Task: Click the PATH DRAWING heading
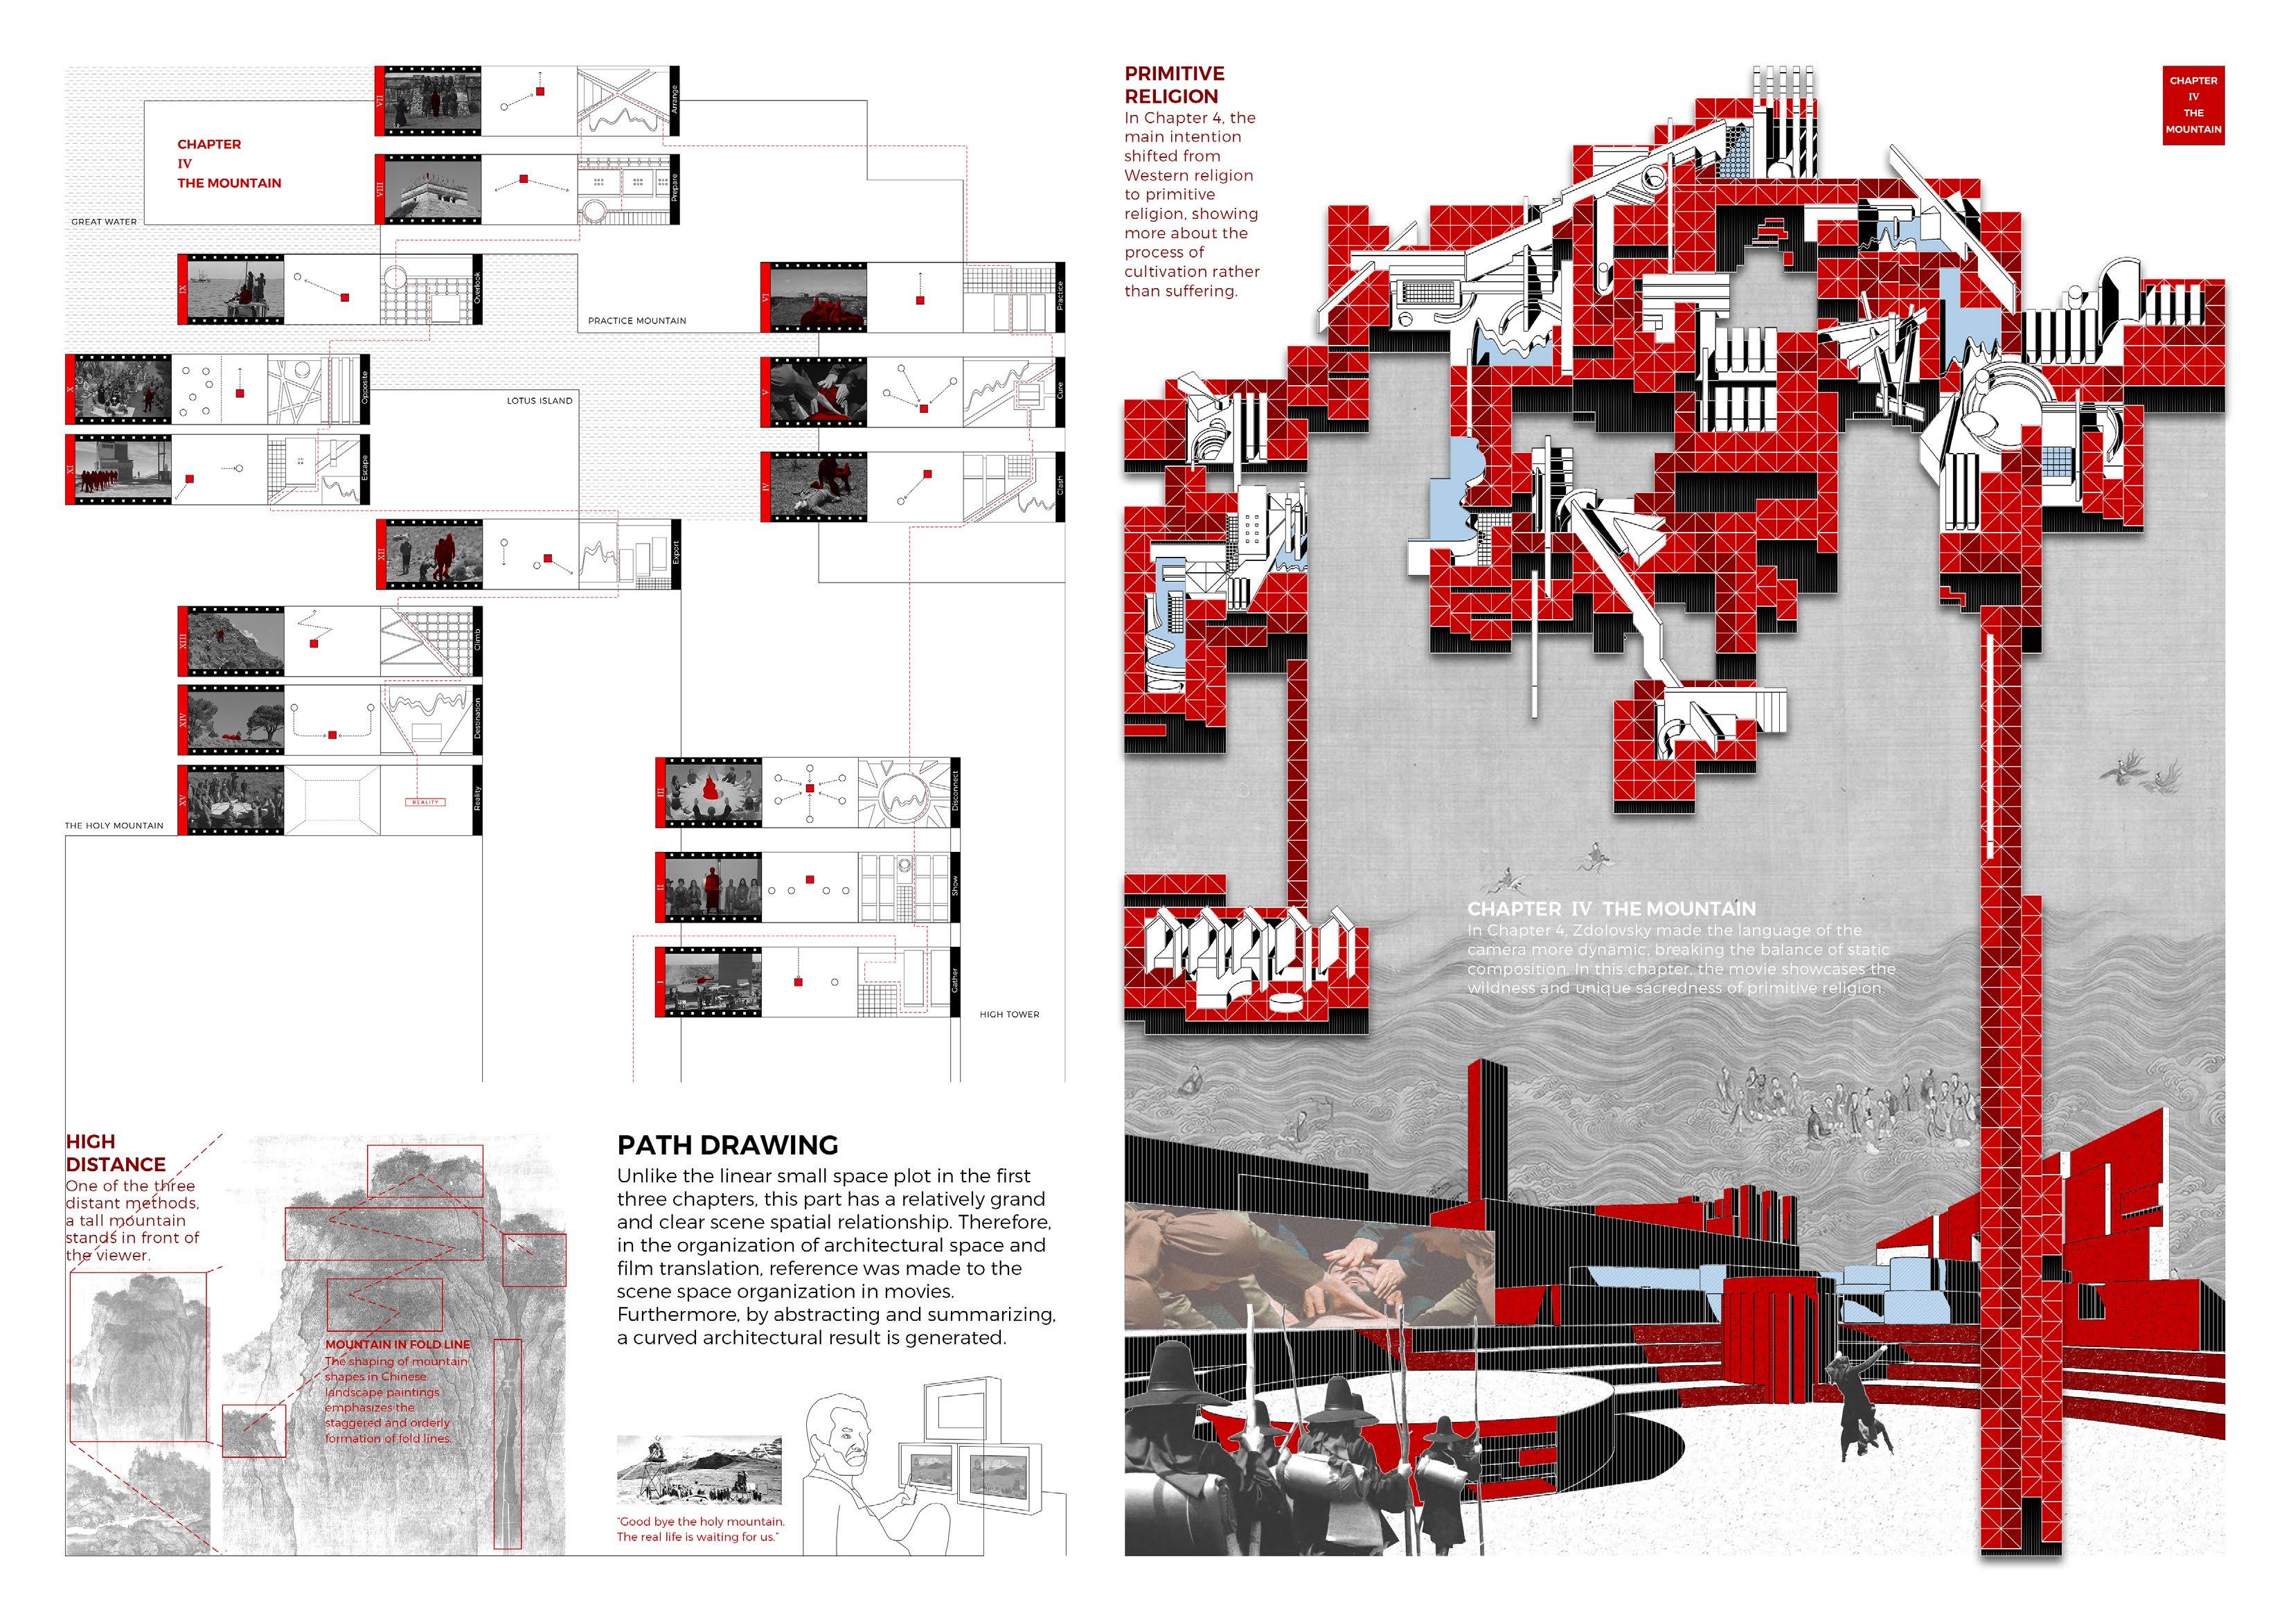[x=727, y=1145]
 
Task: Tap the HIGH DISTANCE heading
[x=116, y=1153]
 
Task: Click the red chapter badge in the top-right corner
[x=2193, y=105]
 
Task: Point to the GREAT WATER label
[x=104, y=222]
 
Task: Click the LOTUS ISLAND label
[x=539, y=400]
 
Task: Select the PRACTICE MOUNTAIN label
[x=636, y=321]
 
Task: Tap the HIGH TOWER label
[x=1009, y=1014]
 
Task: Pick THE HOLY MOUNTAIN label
[x=114, y=826]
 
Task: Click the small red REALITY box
[x=425, y=801]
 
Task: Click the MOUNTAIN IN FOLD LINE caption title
[x=397, y=1344]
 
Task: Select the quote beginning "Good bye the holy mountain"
[x=700, y=1529]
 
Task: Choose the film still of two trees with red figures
[x=235, y=720]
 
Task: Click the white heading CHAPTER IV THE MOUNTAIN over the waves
[x=1610, y=908]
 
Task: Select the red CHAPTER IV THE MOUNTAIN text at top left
[x=229, y=163]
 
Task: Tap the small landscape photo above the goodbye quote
[x=699, y=1469]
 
